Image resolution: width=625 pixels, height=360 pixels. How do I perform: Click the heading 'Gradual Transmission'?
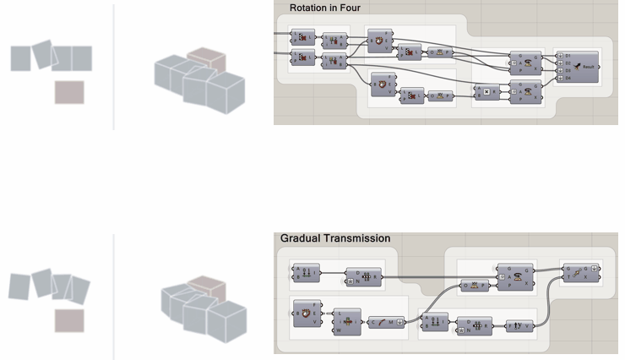coord(335,239)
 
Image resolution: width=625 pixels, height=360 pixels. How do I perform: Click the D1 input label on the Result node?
coord(568,56)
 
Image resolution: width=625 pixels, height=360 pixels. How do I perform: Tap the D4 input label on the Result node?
coord(568,79)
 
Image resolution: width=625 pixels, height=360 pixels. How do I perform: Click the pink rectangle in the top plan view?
coord(69,91)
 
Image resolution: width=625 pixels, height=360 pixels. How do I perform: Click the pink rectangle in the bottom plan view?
coord(69,320)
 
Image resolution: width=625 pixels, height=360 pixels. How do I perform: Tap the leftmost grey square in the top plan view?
coord(21,58)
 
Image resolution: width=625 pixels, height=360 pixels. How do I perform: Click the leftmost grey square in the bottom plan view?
coord(21,286)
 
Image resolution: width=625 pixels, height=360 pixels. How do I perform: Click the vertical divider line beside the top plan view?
coord(113,67)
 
